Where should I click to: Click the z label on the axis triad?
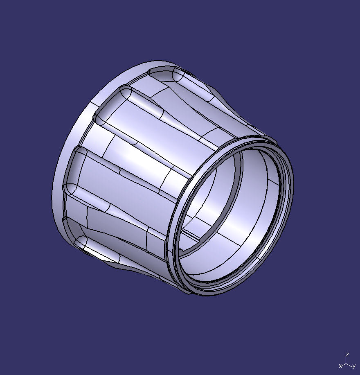click(x=347, y=355)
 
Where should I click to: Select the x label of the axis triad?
click(x=340, y=366)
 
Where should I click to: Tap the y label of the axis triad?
click(x=354, y=366)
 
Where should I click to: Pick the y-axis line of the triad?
click(x=350, y=364)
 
